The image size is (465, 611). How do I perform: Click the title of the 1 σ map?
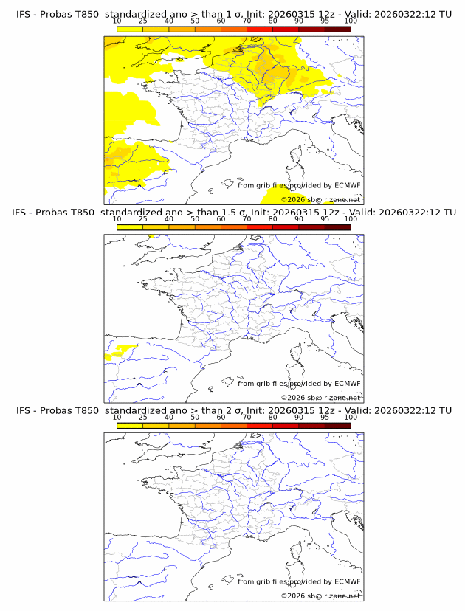point(233,14)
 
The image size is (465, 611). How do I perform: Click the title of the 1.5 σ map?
point(233,213)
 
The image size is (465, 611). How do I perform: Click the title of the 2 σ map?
point(233,410)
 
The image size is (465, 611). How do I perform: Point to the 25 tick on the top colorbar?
point(142,21)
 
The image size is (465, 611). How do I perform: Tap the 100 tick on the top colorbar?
point(351,21)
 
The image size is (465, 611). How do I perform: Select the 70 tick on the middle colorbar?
point(247,219)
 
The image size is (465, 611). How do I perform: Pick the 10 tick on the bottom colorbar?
point(117,417)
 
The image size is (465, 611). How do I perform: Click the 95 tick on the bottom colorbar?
point(325,417)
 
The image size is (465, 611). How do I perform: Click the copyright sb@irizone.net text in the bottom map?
point(320,596)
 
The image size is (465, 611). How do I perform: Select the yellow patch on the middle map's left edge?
point(115,355)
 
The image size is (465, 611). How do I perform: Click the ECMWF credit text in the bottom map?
point(299,581)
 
